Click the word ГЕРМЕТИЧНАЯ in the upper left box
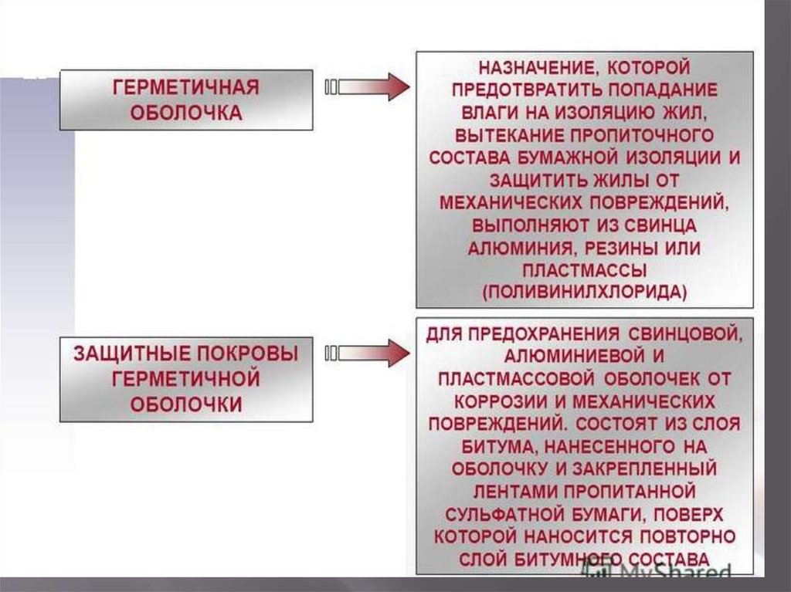pos(185,87)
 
